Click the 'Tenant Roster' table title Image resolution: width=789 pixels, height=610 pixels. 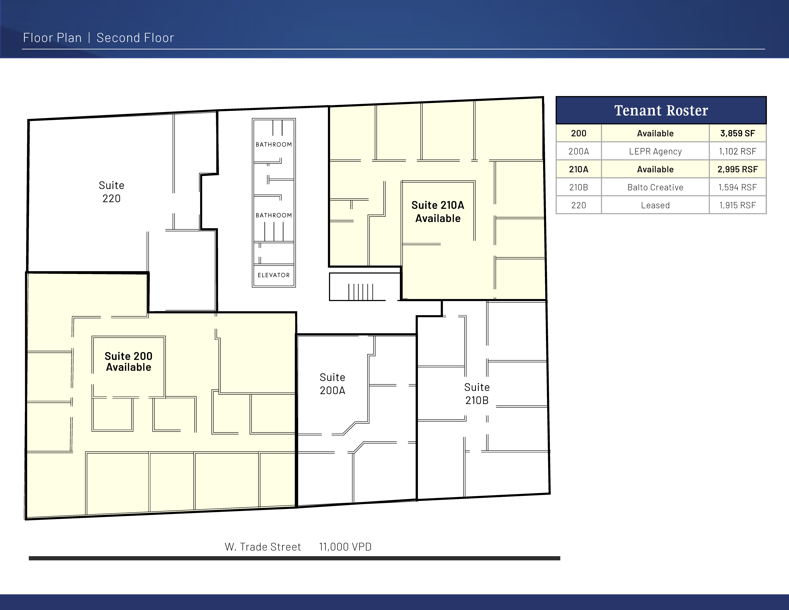coord(661,110)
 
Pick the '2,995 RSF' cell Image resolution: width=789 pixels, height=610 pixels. coord(737,169)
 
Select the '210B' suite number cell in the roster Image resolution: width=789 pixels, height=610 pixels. coord(578,187)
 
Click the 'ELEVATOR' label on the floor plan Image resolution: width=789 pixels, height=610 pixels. coord(274,275)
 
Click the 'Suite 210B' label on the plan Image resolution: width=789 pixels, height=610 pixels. coord(477,394)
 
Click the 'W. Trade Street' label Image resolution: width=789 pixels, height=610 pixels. coord(263,547)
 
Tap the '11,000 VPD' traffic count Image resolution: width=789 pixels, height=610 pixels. coord(345,547)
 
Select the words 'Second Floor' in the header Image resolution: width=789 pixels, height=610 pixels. coord(135,38)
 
